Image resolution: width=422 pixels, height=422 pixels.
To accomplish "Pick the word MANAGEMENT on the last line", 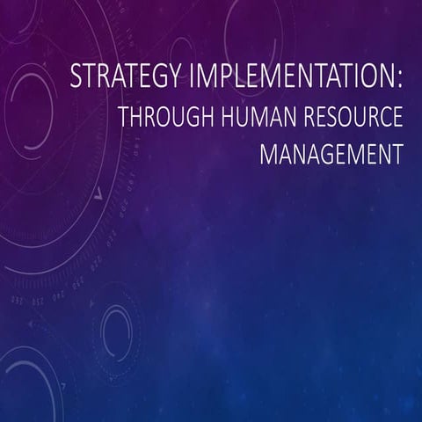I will (x=331, y=155).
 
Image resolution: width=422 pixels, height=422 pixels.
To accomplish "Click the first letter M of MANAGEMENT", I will (x=268, y=155).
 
